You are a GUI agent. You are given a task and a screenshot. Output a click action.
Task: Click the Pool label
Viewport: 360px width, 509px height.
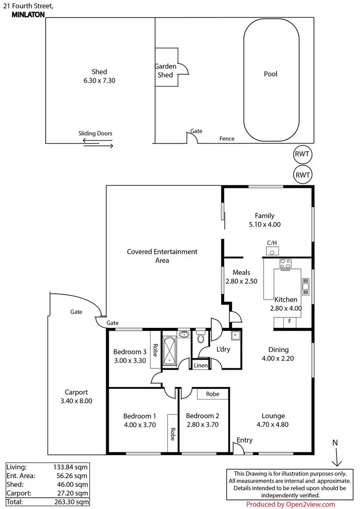271,74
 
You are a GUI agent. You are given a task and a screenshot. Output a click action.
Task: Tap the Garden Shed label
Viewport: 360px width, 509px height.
165,71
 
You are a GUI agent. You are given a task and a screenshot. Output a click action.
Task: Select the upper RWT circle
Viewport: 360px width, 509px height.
302,155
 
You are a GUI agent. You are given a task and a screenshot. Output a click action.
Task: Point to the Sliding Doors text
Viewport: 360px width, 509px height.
96,134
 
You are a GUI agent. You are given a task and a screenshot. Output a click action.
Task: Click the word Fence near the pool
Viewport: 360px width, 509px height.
227,139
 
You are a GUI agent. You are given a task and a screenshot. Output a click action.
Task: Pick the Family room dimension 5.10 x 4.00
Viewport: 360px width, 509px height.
264,224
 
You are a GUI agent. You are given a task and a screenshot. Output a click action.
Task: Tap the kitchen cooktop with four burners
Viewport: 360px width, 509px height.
286,263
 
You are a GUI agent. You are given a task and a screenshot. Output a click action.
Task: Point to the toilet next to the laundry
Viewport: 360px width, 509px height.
200,339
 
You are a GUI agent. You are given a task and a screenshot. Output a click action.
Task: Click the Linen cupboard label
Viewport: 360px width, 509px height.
200,366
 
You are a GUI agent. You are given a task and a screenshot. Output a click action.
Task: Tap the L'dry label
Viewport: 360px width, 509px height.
223,349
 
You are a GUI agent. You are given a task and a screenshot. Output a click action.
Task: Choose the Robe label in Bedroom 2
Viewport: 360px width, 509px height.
213,394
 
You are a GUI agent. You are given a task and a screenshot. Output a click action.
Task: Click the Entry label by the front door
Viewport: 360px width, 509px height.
244,440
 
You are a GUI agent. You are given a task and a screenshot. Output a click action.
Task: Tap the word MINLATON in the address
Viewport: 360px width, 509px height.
27,15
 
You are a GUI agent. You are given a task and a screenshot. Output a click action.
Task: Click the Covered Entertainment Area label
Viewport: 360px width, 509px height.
162,255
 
